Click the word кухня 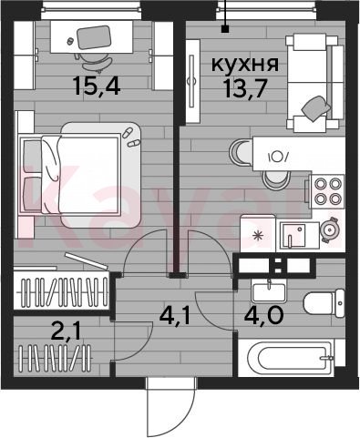pos(244,65)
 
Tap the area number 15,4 pos(97,86)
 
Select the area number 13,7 pos(245,89)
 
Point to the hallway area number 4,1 pos(174,316)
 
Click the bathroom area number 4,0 pos(263,316)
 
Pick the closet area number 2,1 pos(66,332)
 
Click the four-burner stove pos(327,191)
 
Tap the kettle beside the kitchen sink pos(330,229)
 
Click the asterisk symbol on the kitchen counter pos(258,236)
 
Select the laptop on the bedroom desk pos(93,37)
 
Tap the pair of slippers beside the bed pos(130,138)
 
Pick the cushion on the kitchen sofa pos(316,108)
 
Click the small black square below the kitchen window pos(225,29)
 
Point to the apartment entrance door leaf pos(148,407)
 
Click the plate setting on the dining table pos(278,157)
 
